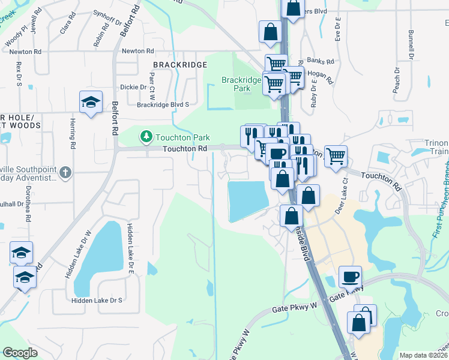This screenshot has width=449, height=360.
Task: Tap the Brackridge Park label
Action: (x=241, y=84)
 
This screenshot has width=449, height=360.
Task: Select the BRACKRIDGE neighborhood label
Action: (x=179, y=64)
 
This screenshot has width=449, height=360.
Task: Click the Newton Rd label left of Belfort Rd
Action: (x=25, y=52)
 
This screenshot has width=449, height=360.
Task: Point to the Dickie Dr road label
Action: (x=133, y=87)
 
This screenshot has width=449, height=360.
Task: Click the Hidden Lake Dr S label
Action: (x=97, y=300)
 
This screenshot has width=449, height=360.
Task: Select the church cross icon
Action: (x=65, y=173)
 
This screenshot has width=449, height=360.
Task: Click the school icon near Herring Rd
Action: (x=91, y=102)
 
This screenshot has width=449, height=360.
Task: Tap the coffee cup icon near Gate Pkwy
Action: (x=350, y=277)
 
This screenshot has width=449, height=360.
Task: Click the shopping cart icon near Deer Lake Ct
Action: (x=336, y=156)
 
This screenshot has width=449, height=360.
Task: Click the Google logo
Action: (x=20, y=353)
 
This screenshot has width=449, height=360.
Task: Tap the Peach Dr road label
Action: (x=396, y=79)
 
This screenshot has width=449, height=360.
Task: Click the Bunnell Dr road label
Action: (x=412, y=40)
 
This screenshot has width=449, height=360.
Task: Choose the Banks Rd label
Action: (x=320, y=61)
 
